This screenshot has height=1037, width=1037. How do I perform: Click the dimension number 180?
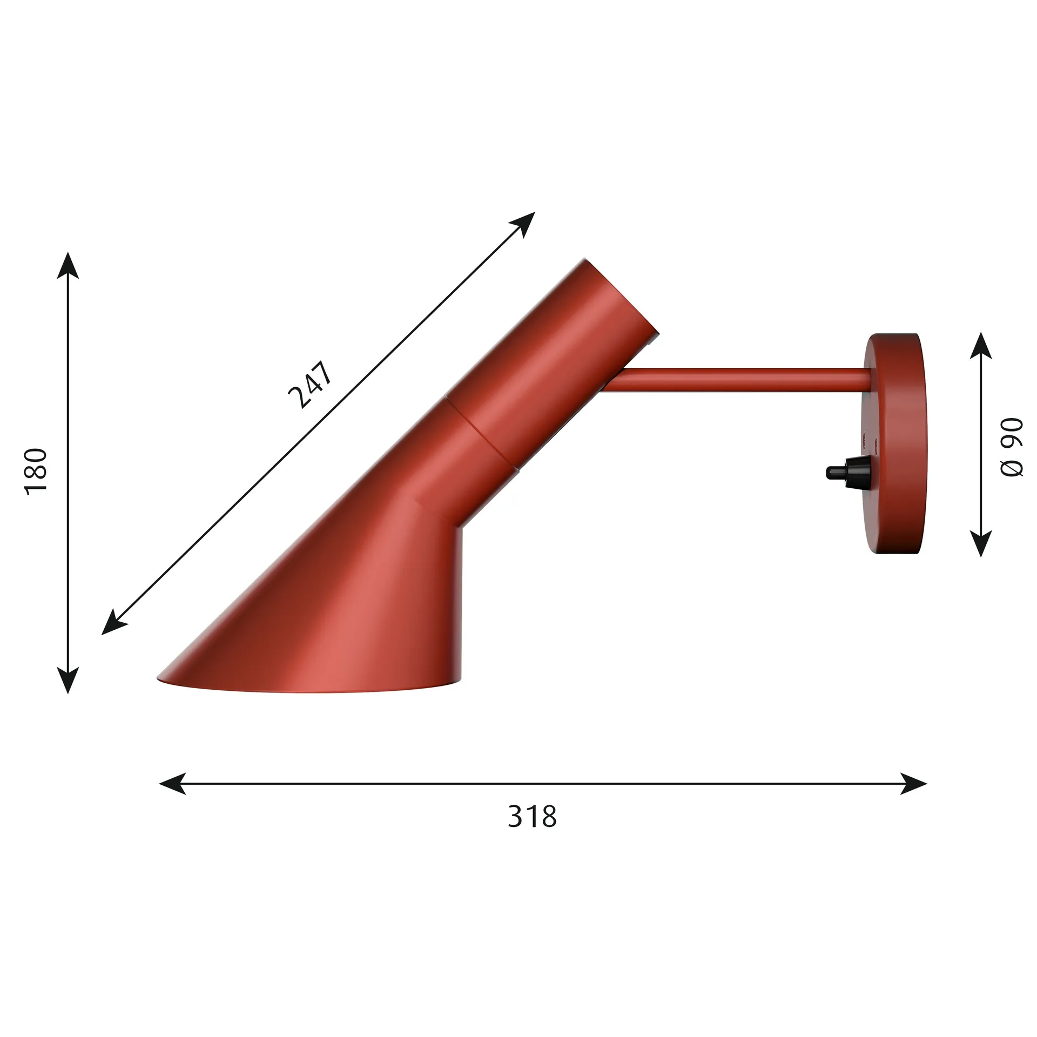click(37, 470)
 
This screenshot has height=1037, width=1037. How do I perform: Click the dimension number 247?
click(310, 385)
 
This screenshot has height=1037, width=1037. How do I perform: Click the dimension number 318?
click(532, 817)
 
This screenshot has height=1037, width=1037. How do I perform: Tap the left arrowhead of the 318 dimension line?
click(172, 783)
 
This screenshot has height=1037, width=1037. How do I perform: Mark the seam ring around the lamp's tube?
click(481, 432)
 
